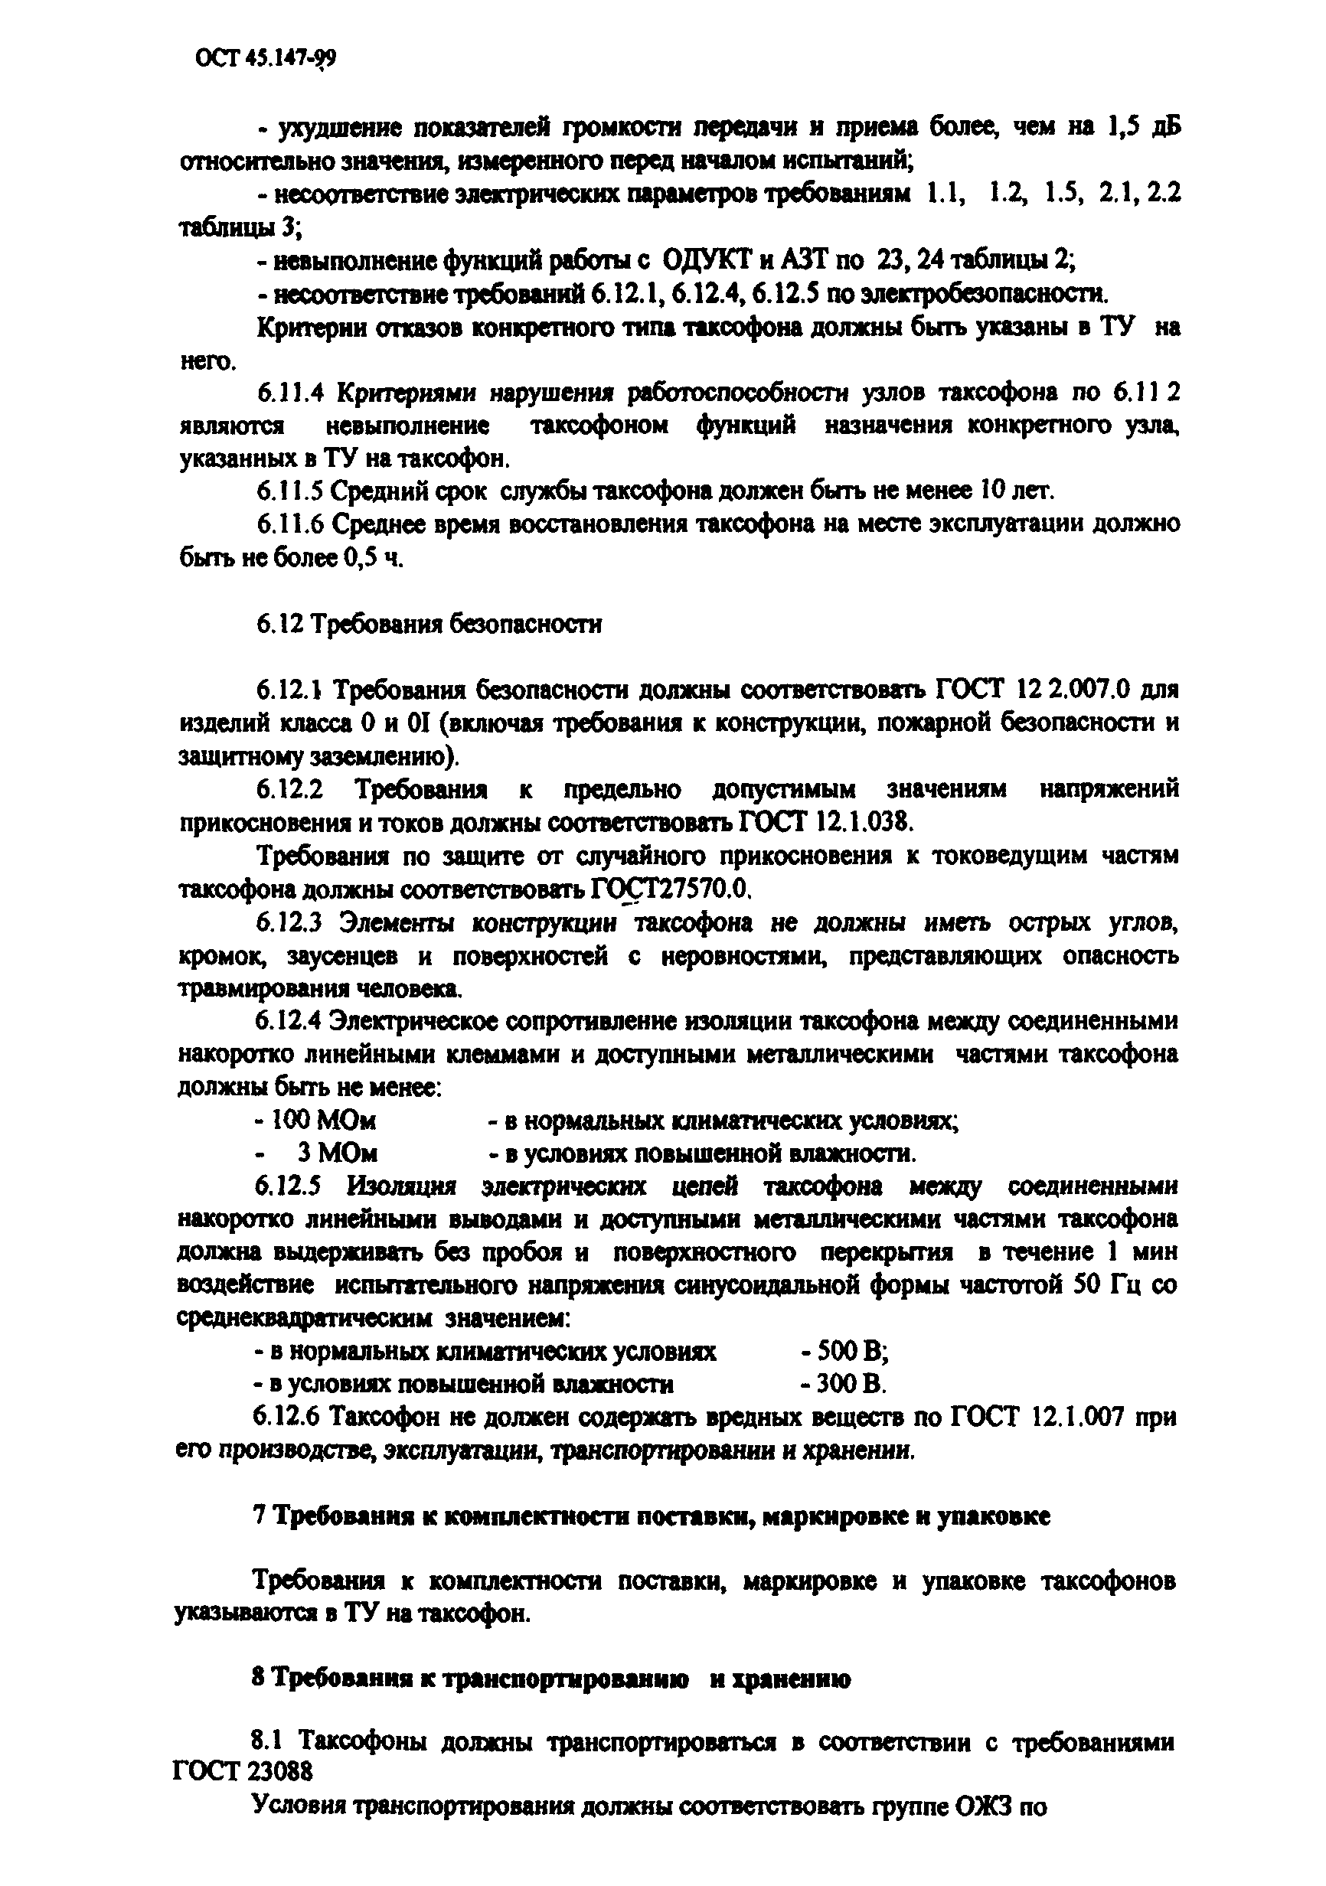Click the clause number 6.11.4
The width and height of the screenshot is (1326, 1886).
click(x=291, y=393)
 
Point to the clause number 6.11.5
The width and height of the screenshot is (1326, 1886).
click(x=291, y=491)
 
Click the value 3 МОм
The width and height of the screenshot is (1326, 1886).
click(x=338, y=1153)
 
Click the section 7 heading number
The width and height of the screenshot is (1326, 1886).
click(x=260, y=1516)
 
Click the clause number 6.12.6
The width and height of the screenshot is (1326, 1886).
click(x=291, y=1418)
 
